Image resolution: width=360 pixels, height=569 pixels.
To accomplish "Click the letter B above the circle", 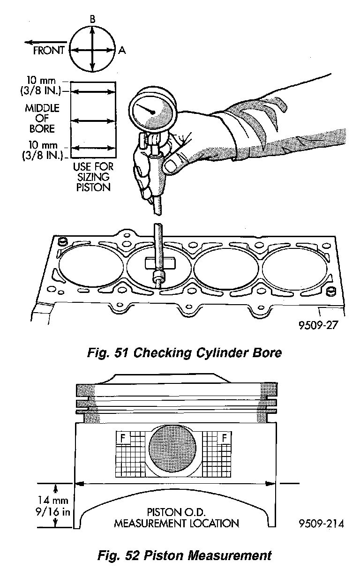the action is coord(92,19).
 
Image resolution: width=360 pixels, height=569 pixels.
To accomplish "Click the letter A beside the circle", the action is coord(122,50).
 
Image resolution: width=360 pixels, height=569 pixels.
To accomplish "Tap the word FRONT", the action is coord(49,50).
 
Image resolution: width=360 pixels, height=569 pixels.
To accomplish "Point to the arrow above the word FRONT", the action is coord(46,42).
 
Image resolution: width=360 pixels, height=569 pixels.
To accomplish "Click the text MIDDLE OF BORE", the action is coord(42,119).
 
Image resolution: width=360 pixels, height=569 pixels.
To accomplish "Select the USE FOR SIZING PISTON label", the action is coord(93,177).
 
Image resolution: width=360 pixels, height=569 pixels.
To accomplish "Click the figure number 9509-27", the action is coord(318,325).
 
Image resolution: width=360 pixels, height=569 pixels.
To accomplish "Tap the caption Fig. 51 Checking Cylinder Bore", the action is coord(184,352).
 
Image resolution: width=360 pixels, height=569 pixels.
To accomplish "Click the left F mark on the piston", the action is coord(123,438).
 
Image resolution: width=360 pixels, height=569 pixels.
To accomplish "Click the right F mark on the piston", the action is coord(224,438).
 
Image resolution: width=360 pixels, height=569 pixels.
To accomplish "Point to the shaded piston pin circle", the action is coord(172,448).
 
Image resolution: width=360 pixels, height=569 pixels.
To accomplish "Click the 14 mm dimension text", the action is coord(53,500).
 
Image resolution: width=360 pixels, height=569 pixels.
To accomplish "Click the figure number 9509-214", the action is coord(322,524).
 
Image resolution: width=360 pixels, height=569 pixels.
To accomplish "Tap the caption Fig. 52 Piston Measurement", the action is coord(184,555).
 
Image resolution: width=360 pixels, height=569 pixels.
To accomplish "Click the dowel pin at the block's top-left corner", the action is coord(62,241).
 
